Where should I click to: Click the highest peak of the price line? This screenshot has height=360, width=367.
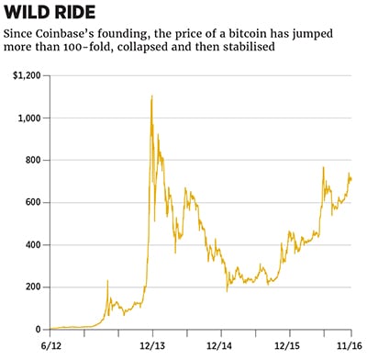(x=150, y=96)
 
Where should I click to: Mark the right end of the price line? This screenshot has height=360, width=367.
(x=351, y=178)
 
